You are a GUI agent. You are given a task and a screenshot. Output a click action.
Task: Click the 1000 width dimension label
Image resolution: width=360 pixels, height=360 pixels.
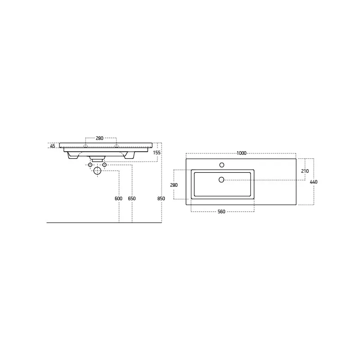[x=241, y=153]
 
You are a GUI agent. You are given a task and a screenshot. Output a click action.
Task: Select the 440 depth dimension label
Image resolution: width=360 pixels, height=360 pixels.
[x=313, y=182]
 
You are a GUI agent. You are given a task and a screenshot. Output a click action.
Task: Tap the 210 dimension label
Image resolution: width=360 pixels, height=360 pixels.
[x=305, y=171]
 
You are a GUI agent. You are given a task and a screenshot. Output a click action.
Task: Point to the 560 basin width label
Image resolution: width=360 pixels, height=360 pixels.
[x=221, y=211]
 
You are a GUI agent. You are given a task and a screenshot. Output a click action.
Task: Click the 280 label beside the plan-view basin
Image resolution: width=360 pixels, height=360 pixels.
[x=174, y=185]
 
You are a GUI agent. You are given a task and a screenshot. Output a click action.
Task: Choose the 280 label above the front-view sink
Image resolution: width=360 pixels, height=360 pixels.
[x=99, y=138]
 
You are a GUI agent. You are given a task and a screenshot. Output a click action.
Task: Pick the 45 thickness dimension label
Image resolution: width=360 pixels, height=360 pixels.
[x=53, y=146]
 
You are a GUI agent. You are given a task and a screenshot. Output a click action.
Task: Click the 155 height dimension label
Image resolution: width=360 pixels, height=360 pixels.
[x=157, y=153]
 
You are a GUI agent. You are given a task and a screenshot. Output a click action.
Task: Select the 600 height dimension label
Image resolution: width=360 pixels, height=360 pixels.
[x=118, y=198]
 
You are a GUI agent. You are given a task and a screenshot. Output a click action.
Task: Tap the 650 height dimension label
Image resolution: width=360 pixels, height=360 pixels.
[x=132, y=198]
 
